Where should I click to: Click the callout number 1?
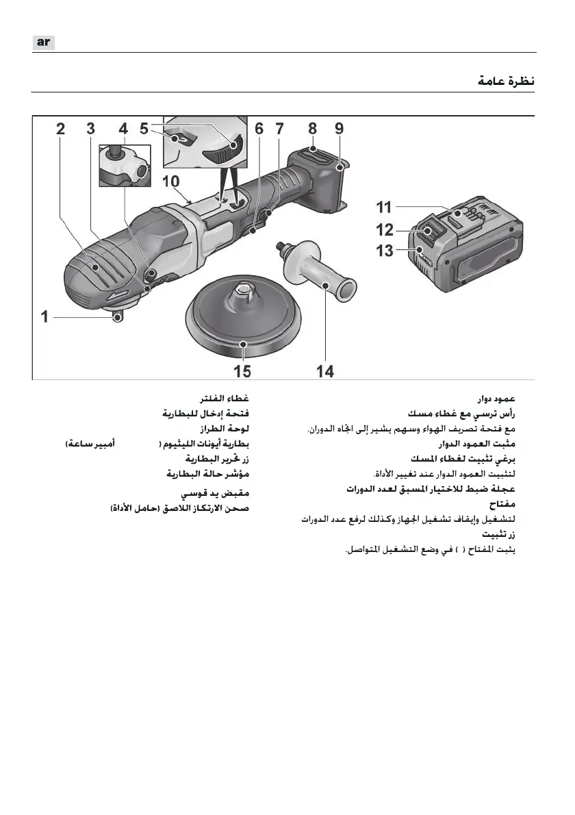tap(44, 317)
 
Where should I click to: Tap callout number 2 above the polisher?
tap(61, 128)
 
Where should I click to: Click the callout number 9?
tap(340, 128)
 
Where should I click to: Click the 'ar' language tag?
tap(43, 42)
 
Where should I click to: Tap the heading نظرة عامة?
tap(506, 81)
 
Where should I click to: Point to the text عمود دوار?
tap(496, 399)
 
